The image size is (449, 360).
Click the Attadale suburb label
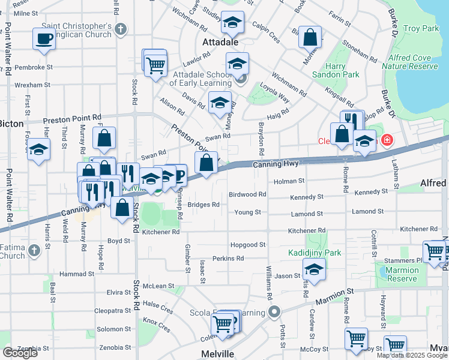(x=221, y=43)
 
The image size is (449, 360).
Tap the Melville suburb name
(x=217, y=354)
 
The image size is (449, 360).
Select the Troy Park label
(x=421, y=28)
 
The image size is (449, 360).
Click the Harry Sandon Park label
(x=335, y=70)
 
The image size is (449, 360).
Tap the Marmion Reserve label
(x=402, y=274)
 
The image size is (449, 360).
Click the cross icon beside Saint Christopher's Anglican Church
(x=121, y=29)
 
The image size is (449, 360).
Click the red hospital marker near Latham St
(x=387, y=140)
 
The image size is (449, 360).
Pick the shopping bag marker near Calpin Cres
(x=310, y=37)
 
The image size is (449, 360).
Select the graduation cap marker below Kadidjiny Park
(x=314, y=270)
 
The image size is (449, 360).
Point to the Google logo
(x=20, y=352)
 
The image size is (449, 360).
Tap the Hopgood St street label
(x=247, y=245)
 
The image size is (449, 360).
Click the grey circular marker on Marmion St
(x=275, y=311)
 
